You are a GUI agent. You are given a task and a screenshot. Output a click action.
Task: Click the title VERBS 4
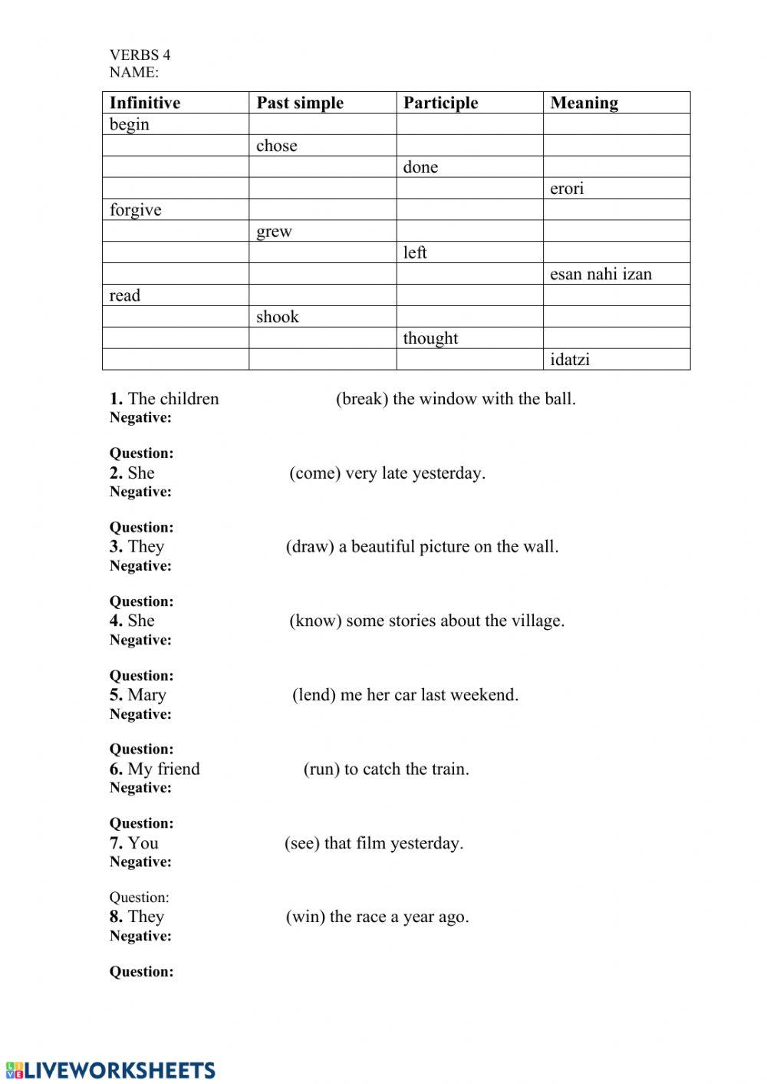[x=140, y=54]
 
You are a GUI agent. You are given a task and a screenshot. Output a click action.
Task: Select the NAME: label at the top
[x=134, y=72]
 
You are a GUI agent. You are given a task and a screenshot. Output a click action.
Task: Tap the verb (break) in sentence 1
[x=362, y=399]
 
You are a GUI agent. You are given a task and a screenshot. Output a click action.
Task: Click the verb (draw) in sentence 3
[x=310, y=547]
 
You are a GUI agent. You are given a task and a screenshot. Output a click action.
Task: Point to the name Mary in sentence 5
[x=146, y=695]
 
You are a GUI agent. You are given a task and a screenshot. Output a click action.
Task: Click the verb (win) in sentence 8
[x=305, y=917]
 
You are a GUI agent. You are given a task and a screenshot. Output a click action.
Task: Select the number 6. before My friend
[x=116, y=769]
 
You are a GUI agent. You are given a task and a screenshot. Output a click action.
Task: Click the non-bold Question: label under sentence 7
[x=139, y=898]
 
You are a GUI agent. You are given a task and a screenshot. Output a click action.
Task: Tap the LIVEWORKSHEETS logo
[x=110, y=1070]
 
